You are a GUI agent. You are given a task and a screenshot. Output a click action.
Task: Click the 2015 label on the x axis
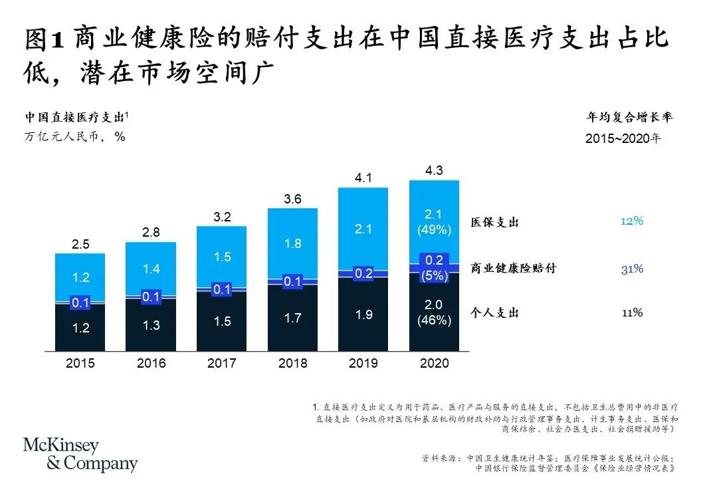coord(80,364)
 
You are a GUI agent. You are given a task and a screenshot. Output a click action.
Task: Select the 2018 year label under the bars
coord(292,364)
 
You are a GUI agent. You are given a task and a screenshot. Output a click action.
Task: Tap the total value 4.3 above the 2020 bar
coord(434,171)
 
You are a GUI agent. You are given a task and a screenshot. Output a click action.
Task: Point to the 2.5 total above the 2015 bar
coord(80,245)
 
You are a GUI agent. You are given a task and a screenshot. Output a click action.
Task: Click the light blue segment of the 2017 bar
coord(221,256)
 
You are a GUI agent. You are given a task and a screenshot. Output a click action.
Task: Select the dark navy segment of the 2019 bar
coord(363,314)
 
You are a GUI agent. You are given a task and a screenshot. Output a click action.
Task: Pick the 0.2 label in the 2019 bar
coord(363,273)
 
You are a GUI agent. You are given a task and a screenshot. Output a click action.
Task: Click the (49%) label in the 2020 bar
coord(434,230)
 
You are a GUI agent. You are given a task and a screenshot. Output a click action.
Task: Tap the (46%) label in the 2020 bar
coord(434,320)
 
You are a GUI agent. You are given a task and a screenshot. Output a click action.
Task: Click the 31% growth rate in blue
coord(632,269)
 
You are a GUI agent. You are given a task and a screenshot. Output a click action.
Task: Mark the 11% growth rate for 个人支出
coord(632,312)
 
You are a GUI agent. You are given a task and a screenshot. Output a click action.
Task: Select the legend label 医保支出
coord(494,223)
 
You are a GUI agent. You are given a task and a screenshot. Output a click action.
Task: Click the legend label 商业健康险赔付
coord(513,269)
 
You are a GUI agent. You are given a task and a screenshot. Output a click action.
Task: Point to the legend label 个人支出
coord(494,312)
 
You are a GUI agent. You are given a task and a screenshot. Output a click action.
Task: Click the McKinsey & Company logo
coord(80,455)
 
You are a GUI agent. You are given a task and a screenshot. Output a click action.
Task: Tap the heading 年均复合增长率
coord(629,118)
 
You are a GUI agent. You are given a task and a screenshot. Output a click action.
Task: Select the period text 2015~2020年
coord(623,139)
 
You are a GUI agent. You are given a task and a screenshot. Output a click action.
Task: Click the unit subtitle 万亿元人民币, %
coord(75,137)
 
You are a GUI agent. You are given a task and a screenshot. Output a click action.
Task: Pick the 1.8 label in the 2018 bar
coord(292,243)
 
